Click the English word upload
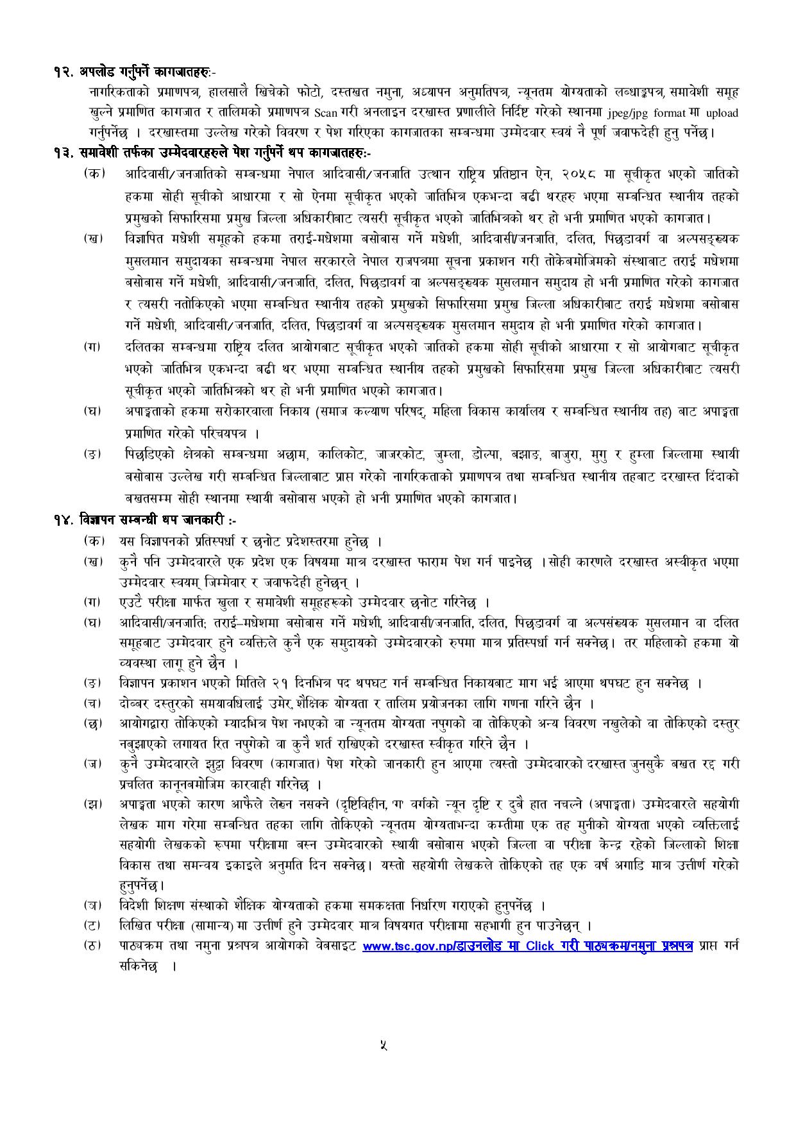point(722,113)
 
